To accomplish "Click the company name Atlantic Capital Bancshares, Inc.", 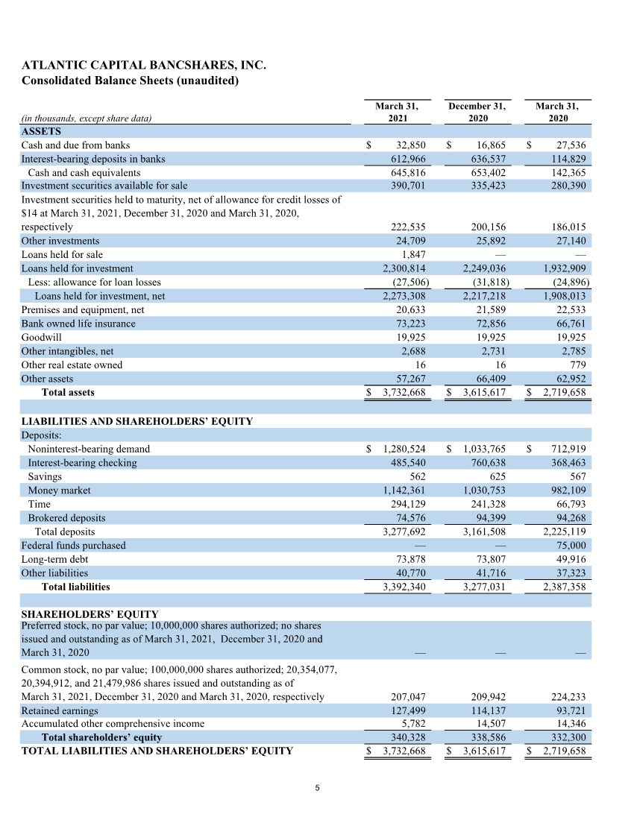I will tap(144, 66).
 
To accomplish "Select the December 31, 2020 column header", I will tap(477, 113).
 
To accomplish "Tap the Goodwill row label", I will tap(41, 337).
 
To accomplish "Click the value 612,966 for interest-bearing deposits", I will tap(408, 159).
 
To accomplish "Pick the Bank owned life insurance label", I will tap(78, 324).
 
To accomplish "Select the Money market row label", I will tap(59, 491).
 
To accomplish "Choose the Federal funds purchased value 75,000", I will tap(569, 545).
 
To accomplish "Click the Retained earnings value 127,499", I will tap(408, 710).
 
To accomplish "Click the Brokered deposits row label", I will tap(66, 518).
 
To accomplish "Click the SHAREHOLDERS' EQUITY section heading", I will tap(90, 615).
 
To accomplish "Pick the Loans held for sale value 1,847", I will tap(413, 254).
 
